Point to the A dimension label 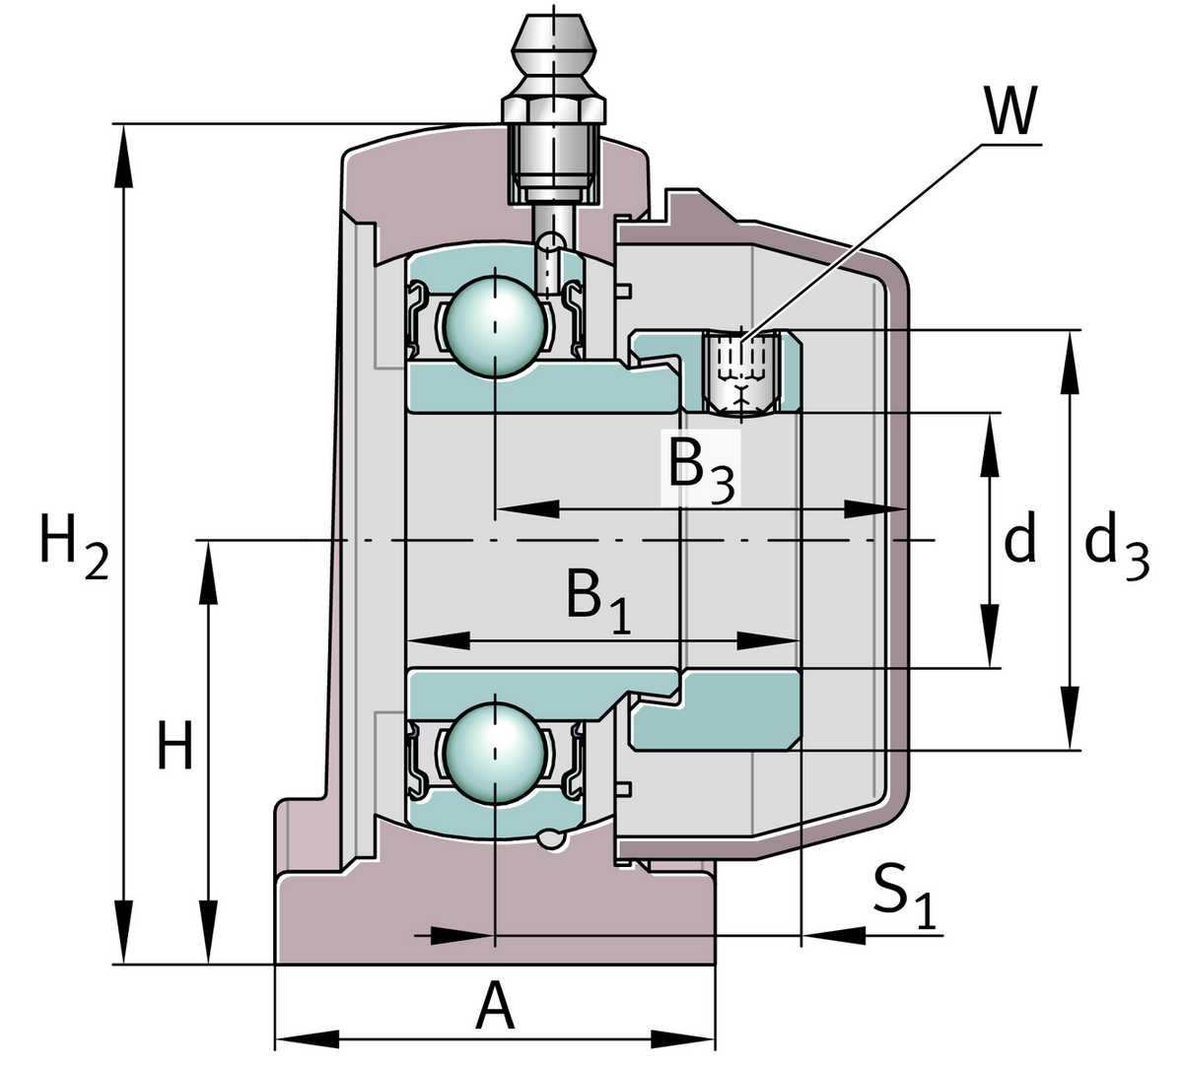click(x=495, y=1008)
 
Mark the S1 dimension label click(x=903, y=896)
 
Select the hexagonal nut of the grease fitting click(x=553, y=105)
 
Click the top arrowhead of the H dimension click(x=208, y=571)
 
